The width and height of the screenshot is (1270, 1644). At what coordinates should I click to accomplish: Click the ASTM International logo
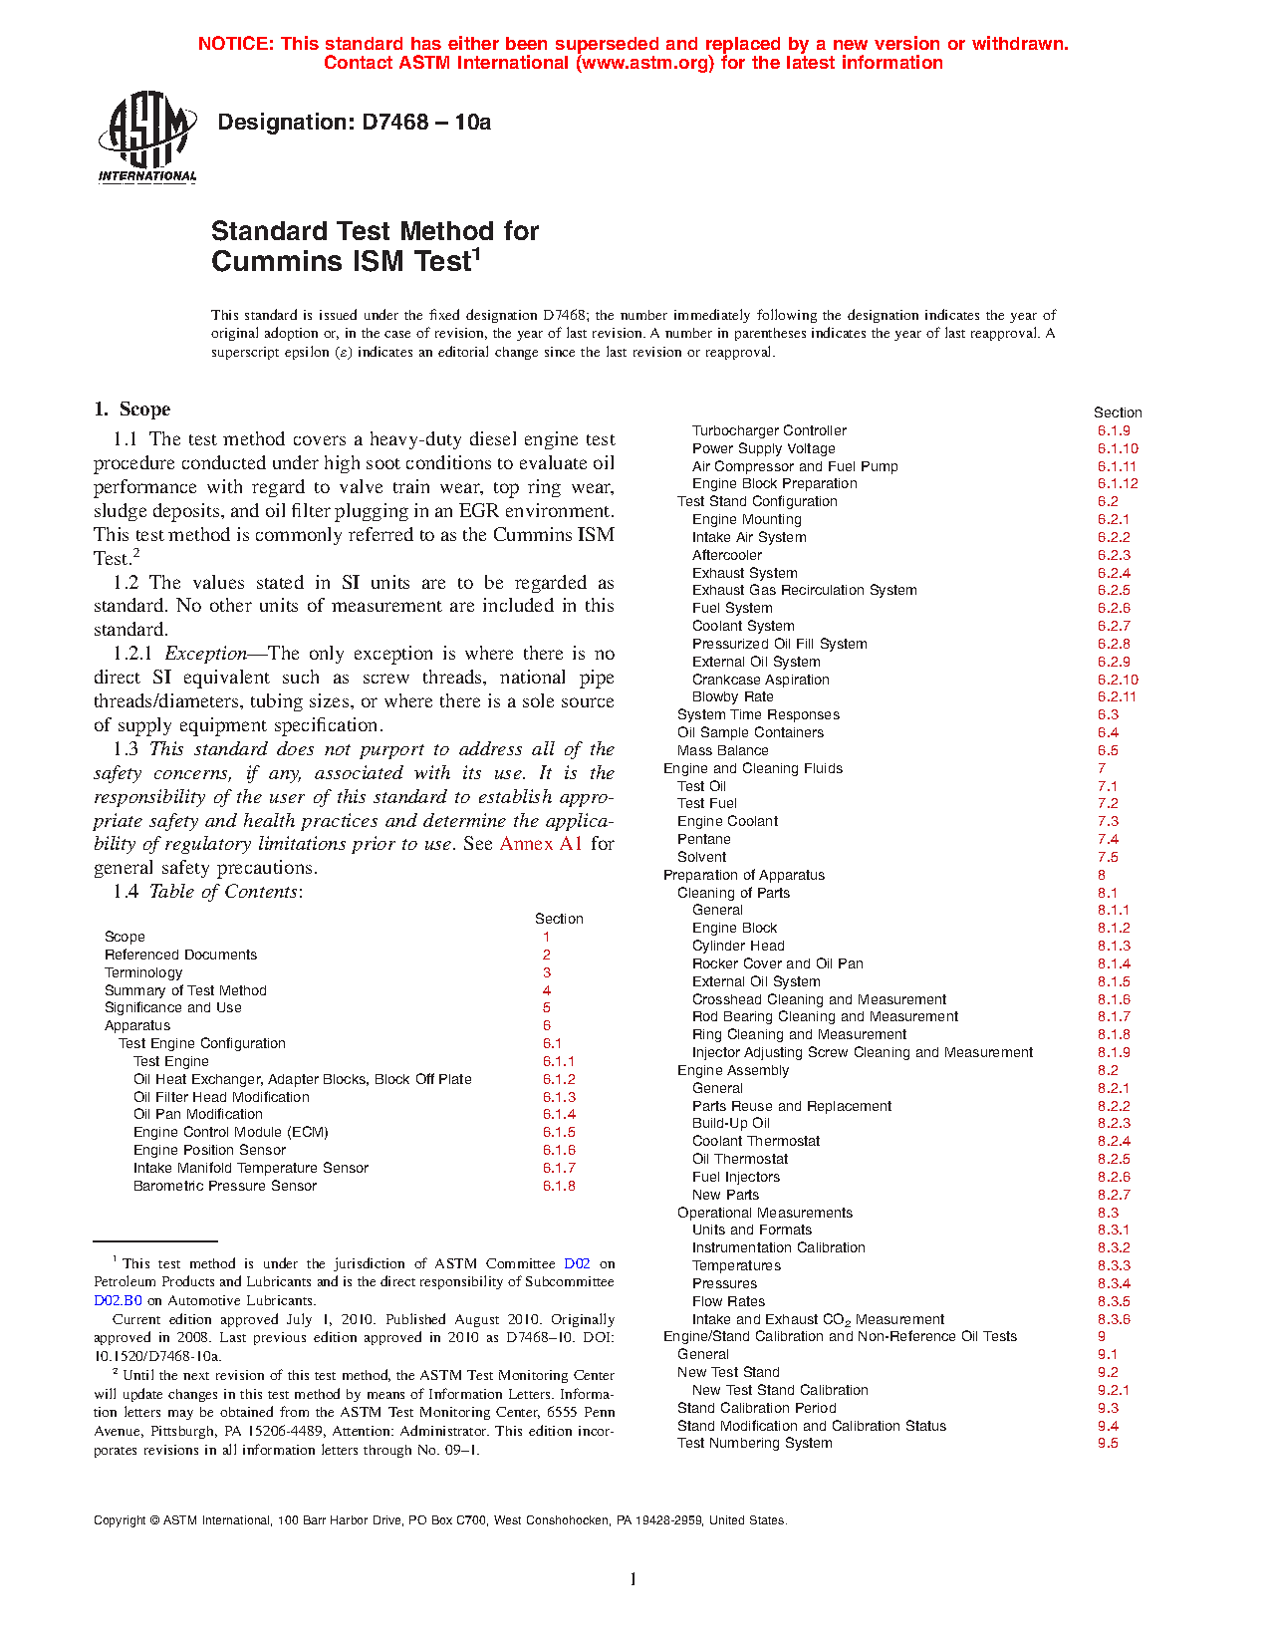pos(146,137)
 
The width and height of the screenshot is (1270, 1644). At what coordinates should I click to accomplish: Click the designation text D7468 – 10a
pos(354,123)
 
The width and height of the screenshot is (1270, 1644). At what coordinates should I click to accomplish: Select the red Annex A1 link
pos(541,844)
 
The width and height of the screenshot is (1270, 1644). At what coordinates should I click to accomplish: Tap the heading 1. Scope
pos(131,410)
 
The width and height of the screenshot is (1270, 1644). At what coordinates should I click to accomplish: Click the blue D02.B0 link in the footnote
pos(118,1300)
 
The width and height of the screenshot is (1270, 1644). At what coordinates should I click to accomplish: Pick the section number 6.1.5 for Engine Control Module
pos(559,1132)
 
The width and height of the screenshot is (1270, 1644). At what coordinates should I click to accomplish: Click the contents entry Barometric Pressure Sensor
pos(225,1186)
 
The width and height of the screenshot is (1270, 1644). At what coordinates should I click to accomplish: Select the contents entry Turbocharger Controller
pos(769,430)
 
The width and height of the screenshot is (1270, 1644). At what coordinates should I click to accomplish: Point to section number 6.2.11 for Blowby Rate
pos(1117,696)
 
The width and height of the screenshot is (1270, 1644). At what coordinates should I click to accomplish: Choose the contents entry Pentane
pos(703,839)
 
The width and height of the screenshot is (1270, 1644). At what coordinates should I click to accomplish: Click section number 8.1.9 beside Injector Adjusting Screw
pos(1114,1052)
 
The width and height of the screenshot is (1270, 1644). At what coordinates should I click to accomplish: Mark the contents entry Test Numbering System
pos(754,1443)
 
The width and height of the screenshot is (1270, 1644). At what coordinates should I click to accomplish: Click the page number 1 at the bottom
pos(634,1578)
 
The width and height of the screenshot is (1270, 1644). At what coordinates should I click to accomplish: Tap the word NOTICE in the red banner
pos(235,44)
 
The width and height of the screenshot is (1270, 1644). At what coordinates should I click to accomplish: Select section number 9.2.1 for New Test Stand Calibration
pos(1114,1390)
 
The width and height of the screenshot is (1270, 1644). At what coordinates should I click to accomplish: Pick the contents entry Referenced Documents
pos(180,955)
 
